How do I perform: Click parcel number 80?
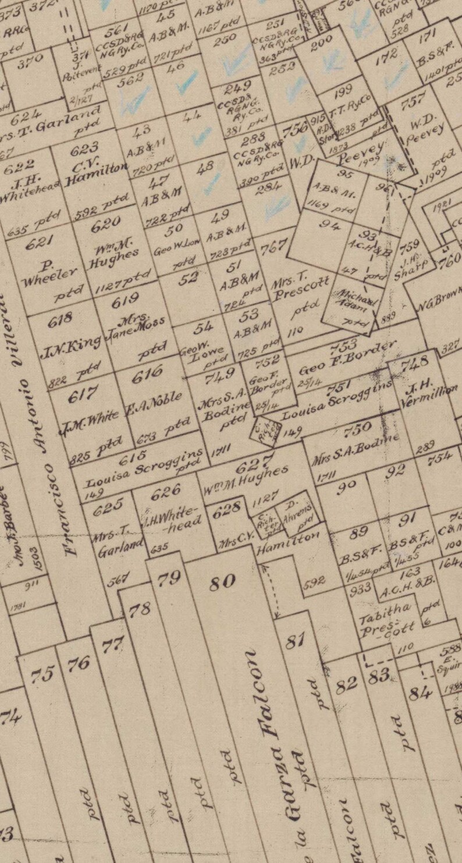click(x=222, y=581)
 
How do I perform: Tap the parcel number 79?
click(x=169, y=578)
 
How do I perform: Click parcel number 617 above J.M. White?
click(x=83, y=395)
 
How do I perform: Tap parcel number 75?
click(x=42, y=674)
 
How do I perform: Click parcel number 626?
click(x=166, y=492)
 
